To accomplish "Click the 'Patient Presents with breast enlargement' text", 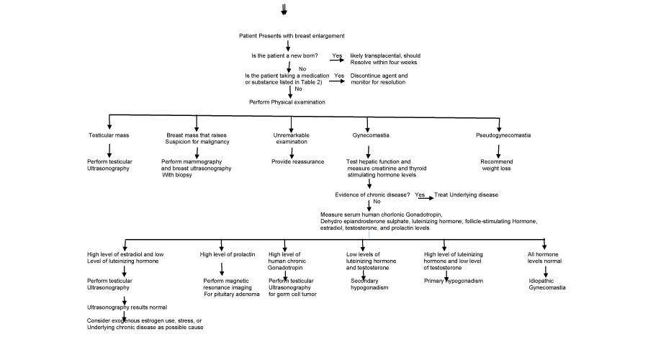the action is coord(292,36).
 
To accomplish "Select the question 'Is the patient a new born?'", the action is coord(284,55).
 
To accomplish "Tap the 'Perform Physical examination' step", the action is coord(287,102).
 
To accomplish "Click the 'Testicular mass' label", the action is coord(109,135).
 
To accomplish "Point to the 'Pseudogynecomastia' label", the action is coord(503,135).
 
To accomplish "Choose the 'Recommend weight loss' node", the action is coord(496,165).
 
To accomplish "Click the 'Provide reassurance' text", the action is coord(297,161).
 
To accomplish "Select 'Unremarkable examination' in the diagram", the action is coord(292,138).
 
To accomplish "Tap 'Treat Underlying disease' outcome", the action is coord(466,194).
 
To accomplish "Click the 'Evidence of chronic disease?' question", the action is coord(372,194).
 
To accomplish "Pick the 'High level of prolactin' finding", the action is coord(228,254).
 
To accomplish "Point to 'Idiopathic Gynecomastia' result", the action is coord(547,284).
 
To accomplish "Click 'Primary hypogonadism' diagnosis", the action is coord(454,281).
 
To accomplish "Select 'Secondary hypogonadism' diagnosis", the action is coord(369,284).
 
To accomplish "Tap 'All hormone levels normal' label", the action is coord(545,258).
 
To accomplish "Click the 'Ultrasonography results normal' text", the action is coord(127,307).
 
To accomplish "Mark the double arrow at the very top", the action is coord(284,9).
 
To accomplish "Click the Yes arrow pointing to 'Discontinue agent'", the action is coord(337,81).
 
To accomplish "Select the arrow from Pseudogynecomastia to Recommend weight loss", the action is coord(498,152).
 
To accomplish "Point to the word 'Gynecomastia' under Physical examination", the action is coord(371,135).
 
